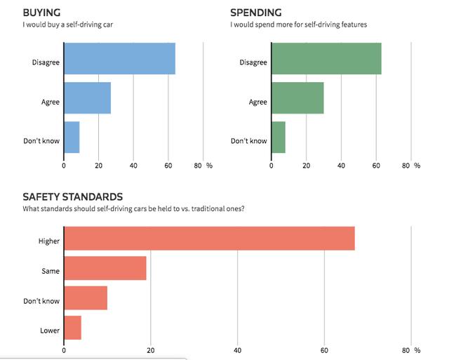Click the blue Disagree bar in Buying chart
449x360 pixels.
coord(119,59)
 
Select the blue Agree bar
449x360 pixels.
coord(88,98)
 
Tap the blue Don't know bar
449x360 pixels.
coord(72,138)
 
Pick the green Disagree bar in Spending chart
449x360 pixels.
coord(326,59)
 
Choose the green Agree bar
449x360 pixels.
coord(297,98)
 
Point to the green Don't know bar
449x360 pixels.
coord(279,138)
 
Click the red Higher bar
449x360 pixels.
coord(209,239)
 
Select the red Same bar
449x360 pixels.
coord(105,268)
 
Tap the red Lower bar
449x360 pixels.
coord(73,328)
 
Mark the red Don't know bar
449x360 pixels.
coord(86,298)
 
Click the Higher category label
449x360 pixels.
coord(49,241)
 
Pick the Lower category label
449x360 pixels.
coord(50,331)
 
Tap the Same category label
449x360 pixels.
coord(51,271)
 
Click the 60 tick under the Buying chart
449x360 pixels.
coord(168,166)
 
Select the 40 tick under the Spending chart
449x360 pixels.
coord(341,166)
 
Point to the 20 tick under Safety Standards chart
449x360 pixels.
coord(150,350)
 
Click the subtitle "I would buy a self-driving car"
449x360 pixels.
coord(67,25)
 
